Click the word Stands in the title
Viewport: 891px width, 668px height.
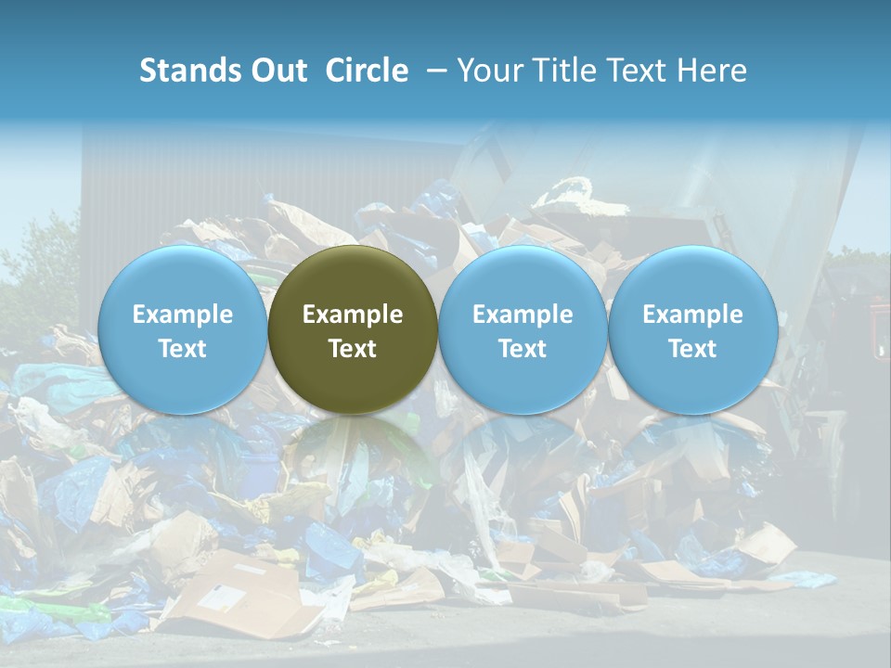pos(190,71)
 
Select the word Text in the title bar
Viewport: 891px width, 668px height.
pos(639,71)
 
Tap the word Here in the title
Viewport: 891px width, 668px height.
pos(713,71)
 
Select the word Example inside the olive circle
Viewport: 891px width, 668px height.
pos(353,315)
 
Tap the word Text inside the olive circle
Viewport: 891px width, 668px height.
pos(353,349)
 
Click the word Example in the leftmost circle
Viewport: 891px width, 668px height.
pos(183,315)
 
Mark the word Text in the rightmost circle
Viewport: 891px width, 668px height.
pos(692,349)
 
